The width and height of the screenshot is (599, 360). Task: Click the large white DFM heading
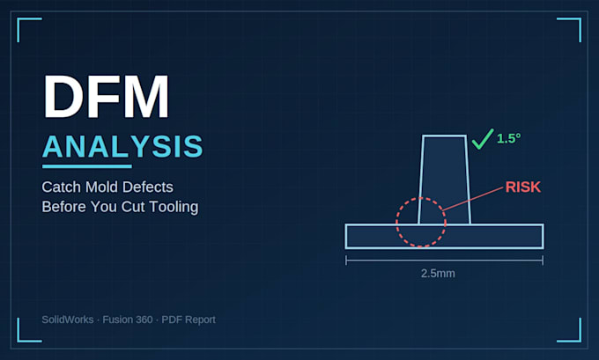[107, 97]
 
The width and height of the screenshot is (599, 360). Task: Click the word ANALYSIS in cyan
[122, 146]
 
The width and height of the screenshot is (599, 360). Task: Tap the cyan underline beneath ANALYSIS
[87, 166]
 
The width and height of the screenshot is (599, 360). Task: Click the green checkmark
[483, 138]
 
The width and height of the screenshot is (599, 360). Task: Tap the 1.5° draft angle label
[508, 138]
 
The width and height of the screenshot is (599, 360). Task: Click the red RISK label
[523, 187]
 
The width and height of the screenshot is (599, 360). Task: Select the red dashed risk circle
[396, 223]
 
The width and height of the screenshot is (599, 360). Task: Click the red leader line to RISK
[472, 199]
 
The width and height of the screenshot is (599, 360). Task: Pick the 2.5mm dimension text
[438, 274]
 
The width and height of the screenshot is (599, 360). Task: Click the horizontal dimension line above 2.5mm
[444, 261]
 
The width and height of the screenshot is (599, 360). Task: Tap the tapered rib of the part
[444, 180]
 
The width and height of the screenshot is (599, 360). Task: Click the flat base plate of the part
[444, 236]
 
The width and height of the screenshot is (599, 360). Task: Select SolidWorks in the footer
[68, 320]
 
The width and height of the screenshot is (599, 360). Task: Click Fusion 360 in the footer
[128, 320]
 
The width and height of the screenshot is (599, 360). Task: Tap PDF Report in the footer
[189, 320]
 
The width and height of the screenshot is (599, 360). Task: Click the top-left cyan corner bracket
[18, 19]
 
